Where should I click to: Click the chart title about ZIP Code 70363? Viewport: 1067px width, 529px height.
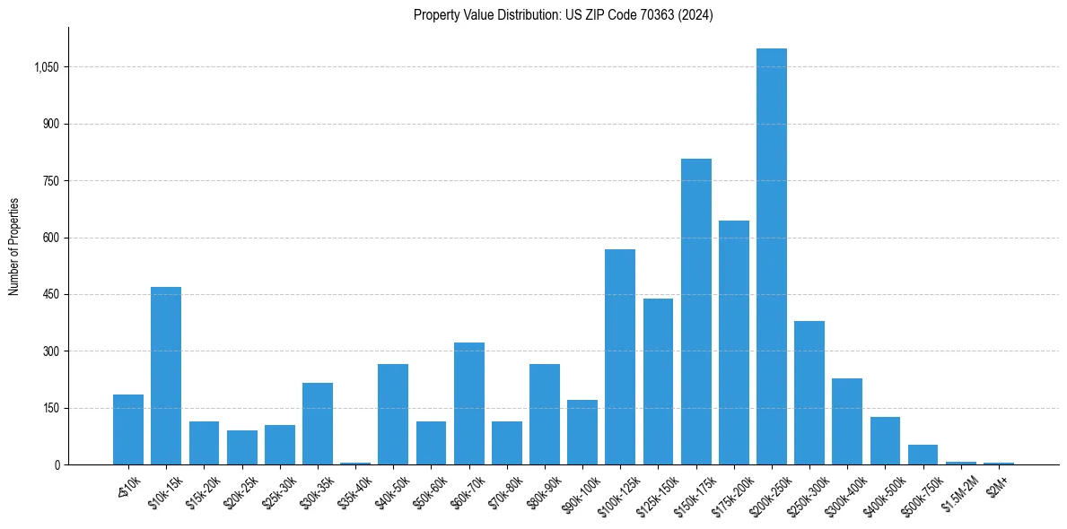click(x=563, y=15)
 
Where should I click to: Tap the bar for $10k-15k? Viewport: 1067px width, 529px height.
click(x=166, y=376)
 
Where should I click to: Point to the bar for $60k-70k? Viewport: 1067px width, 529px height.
click(x=468, y=403)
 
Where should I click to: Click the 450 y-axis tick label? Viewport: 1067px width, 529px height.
click(x=50, y=294)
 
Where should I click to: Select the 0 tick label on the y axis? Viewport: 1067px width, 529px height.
click(x=57, y=464)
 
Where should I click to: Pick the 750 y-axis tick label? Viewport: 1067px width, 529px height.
click(x=50, y=181)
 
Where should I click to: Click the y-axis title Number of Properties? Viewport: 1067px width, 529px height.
click(x=14, y=247)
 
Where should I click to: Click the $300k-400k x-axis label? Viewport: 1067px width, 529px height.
click(x=844, y=491)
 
